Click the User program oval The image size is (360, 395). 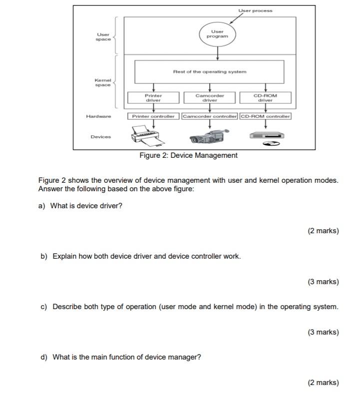[218, 34]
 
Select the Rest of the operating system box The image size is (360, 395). [209, 72]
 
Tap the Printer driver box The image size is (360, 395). [153, 98]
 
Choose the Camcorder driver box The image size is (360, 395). [210, 98]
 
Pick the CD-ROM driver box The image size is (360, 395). [265, 98]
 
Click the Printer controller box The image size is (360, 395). [153, 116]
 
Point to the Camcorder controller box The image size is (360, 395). [210, 116]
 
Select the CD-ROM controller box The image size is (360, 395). [265, 116]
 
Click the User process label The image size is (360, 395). [255, 10]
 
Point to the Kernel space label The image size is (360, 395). [103, 82]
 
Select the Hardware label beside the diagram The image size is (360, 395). [99, 116]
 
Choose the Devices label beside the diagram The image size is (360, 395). [101, 137]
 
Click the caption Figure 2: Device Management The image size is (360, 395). [188, 155]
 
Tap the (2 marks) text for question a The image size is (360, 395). [323, 231]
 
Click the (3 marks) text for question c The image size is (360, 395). [323, 332]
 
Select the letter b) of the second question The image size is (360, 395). [44, 256]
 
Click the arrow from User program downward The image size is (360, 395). [218, 52]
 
